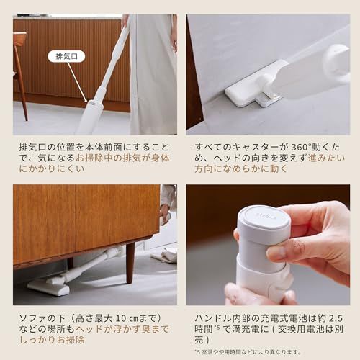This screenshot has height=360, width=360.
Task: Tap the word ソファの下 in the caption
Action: click(40, 318)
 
